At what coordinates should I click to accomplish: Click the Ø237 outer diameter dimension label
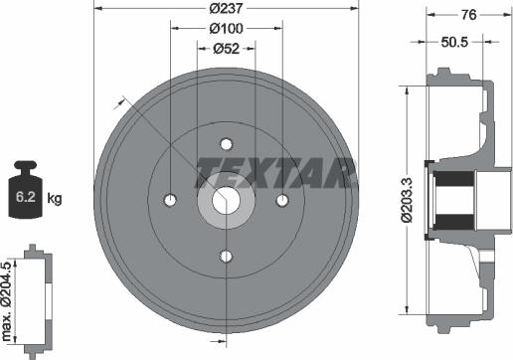pyautogui.click(x=227, y=8)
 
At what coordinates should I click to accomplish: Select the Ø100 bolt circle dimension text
pyautogui.click(x=227, y=29)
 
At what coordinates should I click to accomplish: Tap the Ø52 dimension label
pyautogui.click(x=227, y=49)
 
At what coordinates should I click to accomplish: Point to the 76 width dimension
pyautogui.click(x=469, y=15)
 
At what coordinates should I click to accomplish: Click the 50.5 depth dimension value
pyautogui.click(x=454, y=42)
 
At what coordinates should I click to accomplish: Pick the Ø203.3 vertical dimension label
pyautogui.click(x=407, y=200)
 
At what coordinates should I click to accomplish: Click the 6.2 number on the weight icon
pyautogui.click(x=26, y=197)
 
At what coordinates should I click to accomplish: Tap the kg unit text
pyautogui.click(x=55, y=198)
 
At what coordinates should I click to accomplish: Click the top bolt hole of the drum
pyautogui.click(x=227, y=144)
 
